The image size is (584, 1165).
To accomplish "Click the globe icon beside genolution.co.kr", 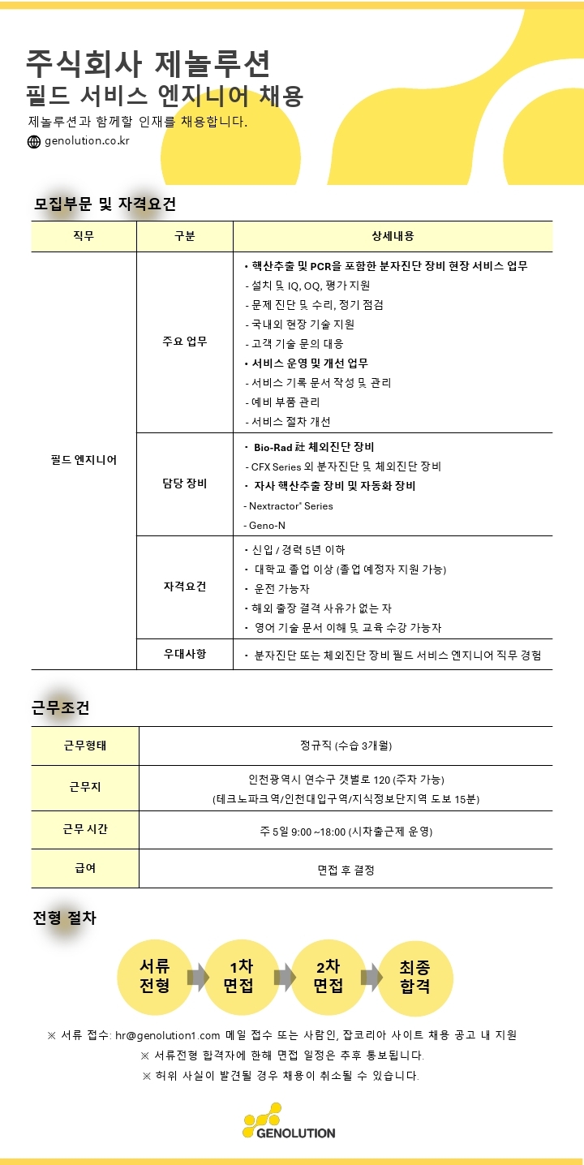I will [x=33, y=141].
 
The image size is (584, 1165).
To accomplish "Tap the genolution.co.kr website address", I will [x=87, y=140].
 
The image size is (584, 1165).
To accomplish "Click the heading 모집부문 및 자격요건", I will [x=105, y=204].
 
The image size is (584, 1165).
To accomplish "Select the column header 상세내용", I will [x=393, y=236].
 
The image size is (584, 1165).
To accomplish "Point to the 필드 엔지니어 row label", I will [x=84, y=460].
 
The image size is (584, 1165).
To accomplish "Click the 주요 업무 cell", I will [x=185, y=342].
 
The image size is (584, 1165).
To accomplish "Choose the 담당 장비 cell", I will [x=185, y=484].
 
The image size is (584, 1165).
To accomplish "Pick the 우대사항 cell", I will [x=185, y=654].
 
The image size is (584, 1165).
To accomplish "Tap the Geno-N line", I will [x=265, y=525].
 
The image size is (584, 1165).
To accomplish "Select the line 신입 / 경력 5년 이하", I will [x=293, y=549].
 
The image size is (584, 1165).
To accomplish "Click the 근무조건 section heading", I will [x=60, y=707].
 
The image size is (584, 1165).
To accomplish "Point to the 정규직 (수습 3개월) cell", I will [x=346, y=746].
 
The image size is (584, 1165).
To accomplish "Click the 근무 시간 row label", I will [x=85, y=829].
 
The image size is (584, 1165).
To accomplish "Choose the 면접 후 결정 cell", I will [x=346, y=870].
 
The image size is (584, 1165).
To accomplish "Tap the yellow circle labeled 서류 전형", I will [x=154, y=977].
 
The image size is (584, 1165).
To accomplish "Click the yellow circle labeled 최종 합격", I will [x=414, y=977].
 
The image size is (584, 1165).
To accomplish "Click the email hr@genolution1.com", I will [x=168, y=1035].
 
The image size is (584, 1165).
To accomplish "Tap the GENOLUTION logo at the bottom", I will [x=289, y=1121].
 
